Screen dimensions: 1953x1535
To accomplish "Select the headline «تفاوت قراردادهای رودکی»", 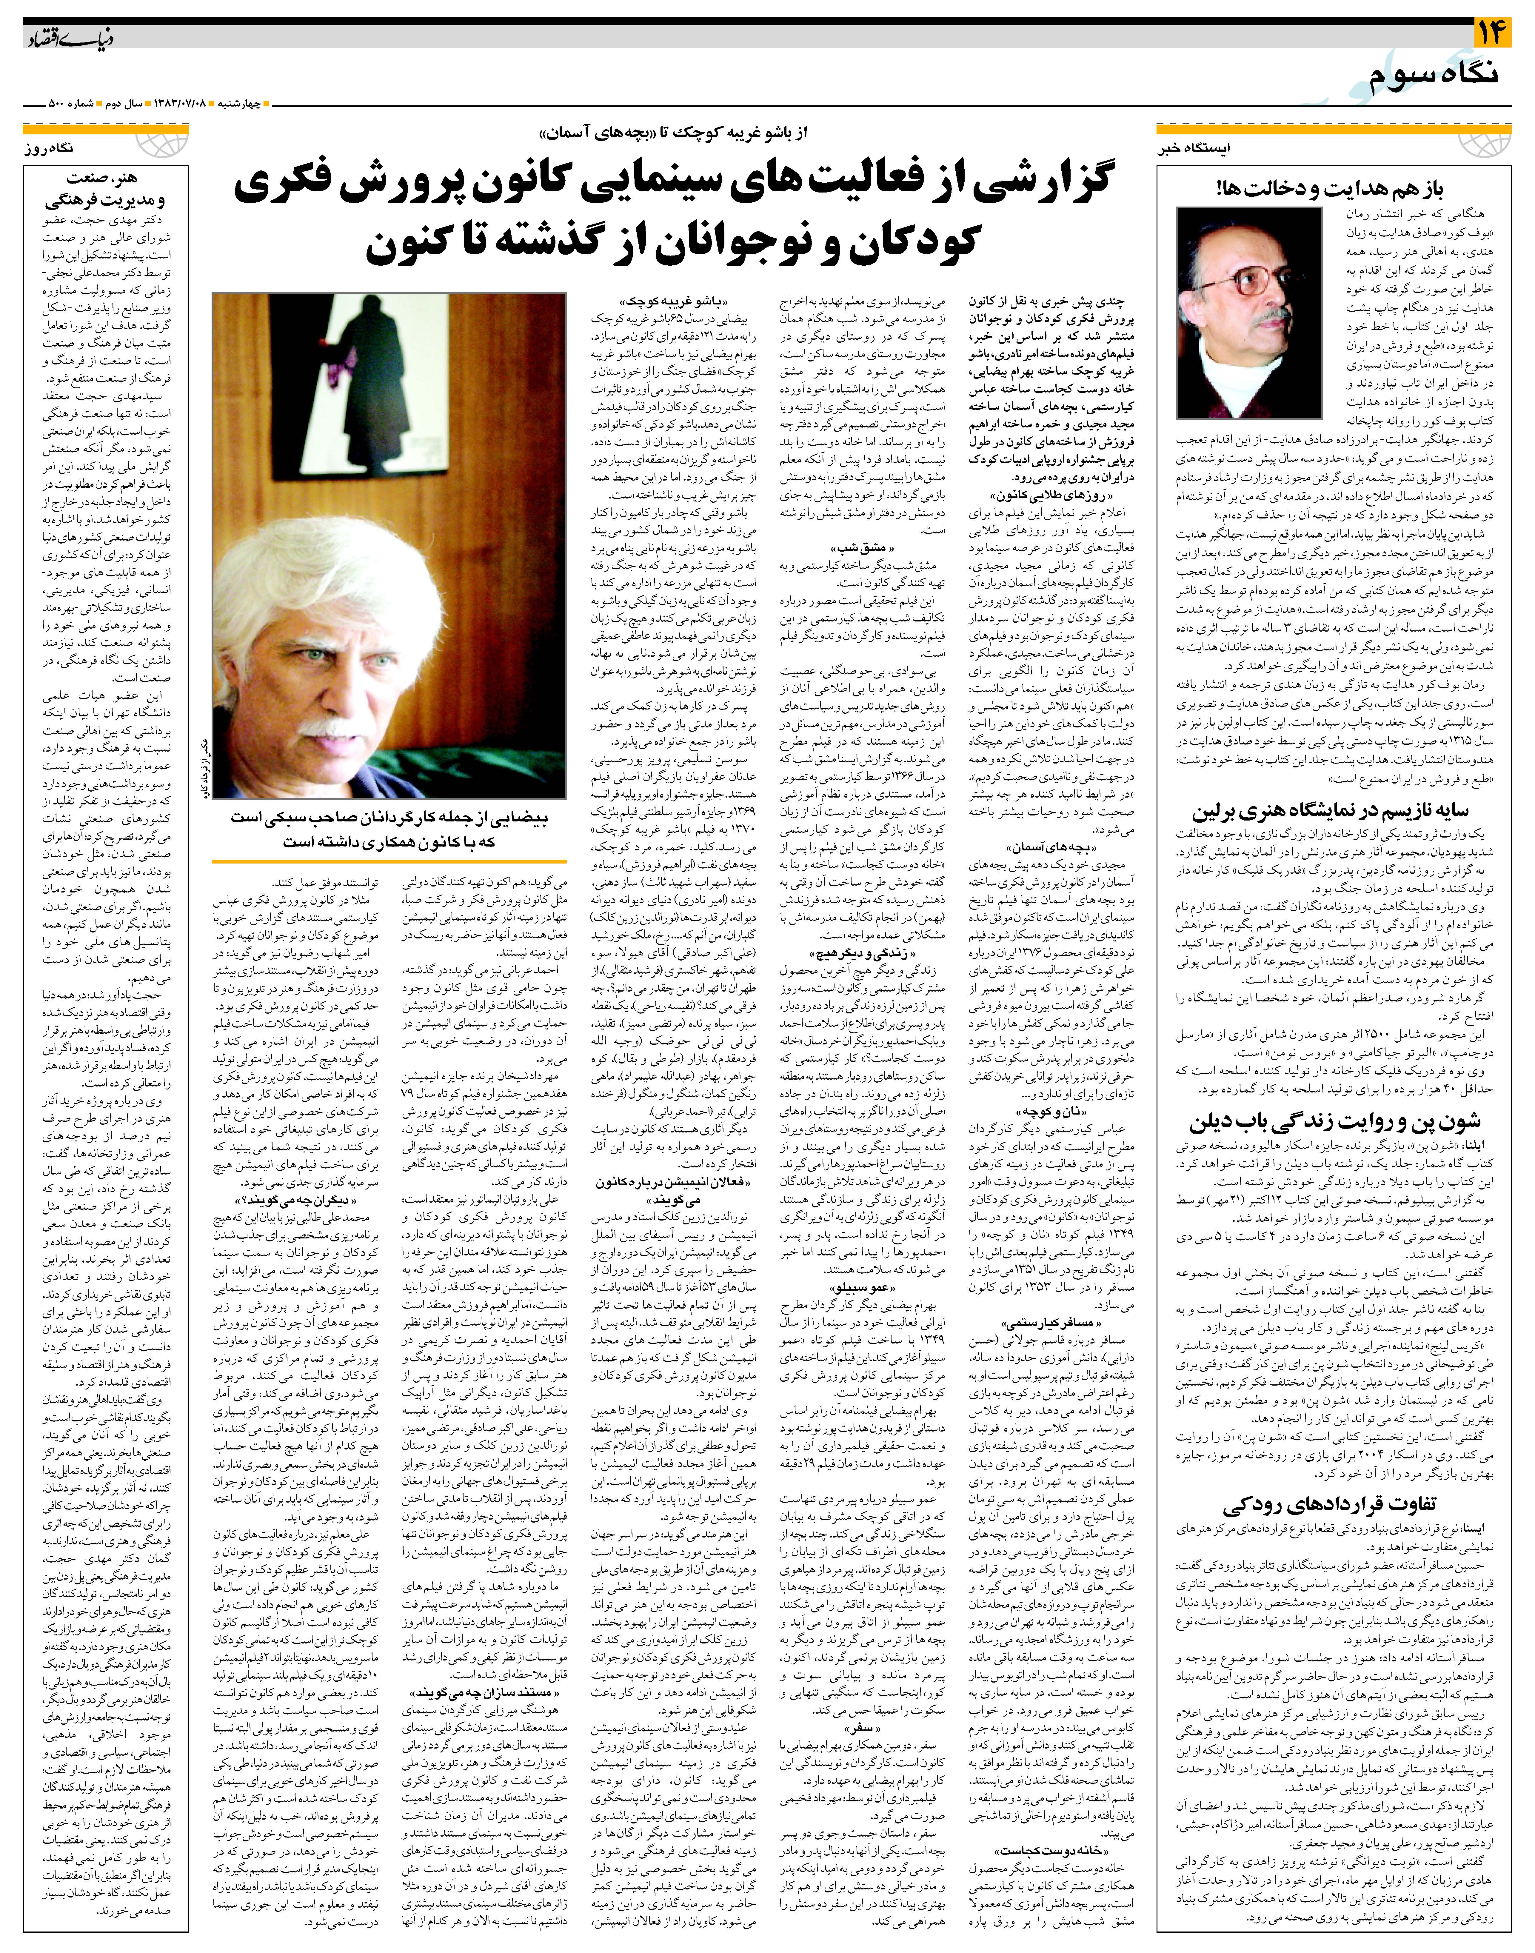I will [1348, 1503].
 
